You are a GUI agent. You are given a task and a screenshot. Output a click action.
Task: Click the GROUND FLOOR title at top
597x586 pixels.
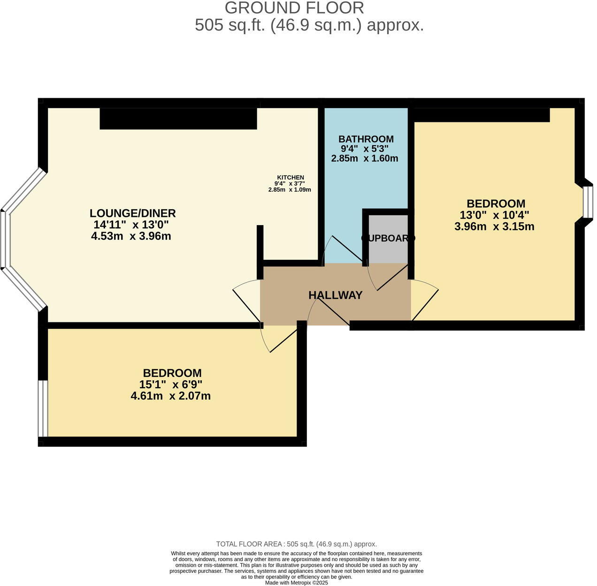[294, 8]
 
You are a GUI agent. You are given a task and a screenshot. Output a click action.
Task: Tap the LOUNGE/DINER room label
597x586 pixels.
[132, 213]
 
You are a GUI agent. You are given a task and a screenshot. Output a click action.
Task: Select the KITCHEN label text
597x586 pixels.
[290, 177]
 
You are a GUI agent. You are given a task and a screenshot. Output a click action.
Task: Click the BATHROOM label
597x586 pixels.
[366, 139]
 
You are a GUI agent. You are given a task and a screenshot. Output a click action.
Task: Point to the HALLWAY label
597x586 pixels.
[335, 295]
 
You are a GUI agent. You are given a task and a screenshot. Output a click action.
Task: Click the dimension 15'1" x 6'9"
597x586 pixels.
[170, 384]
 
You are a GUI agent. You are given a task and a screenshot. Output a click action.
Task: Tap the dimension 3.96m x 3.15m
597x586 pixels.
[494, 227]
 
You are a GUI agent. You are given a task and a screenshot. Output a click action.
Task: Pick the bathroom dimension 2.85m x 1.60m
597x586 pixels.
[365, 158]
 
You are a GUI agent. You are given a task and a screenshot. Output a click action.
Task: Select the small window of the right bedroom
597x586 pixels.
[587, 202]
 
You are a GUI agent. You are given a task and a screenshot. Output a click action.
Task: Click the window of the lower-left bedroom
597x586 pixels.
[43, 408]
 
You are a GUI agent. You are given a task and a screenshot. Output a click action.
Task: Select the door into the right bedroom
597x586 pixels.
[425, 298]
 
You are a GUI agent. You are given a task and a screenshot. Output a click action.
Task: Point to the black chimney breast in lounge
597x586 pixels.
[178, 118]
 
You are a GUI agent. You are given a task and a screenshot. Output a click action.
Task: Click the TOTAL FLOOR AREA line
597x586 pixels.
[296, 544]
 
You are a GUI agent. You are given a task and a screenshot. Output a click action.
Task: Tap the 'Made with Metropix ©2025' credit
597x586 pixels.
[296, 583]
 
